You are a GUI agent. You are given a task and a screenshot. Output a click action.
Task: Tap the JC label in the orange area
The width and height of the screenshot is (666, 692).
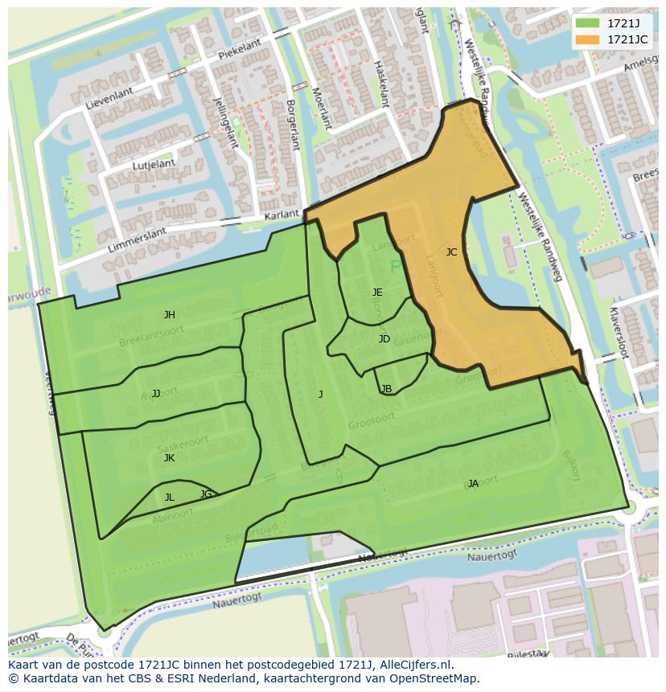tap(451, 252)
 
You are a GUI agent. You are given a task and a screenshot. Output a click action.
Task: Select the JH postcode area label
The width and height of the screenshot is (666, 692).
tap(169, 315)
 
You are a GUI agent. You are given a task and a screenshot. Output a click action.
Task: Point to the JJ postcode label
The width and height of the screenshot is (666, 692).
tap(156, 394)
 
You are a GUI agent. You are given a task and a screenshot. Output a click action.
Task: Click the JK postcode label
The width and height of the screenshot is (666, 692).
tap(169, 458)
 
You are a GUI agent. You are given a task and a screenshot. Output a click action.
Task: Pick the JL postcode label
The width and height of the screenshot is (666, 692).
tap(169, 498)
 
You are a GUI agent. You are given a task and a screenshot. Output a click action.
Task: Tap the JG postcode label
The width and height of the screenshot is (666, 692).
tap(206, 494)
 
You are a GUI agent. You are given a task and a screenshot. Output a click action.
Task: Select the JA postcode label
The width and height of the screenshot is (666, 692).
tap(473, 484)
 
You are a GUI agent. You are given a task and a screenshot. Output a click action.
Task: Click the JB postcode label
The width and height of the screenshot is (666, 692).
tap(386, 389)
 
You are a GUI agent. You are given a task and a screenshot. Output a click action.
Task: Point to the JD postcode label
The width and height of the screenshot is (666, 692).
tap(384, 339)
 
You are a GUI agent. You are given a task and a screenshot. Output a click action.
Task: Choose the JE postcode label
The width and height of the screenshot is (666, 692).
tap(377, 293)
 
